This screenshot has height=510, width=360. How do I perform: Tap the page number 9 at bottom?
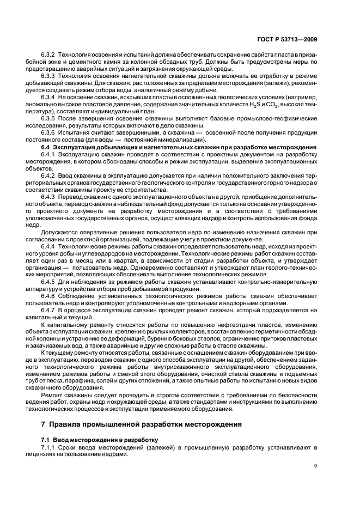(316, 465)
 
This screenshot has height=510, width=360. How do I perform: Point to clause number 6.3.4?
(48, 96)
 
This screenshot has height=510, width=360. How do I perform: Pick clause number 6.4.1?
(48, 154)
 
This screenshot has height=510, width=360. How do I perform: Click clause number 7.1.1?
(48, 447)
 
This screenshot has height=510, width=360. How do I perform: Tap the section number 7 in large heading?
(43, 424)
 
